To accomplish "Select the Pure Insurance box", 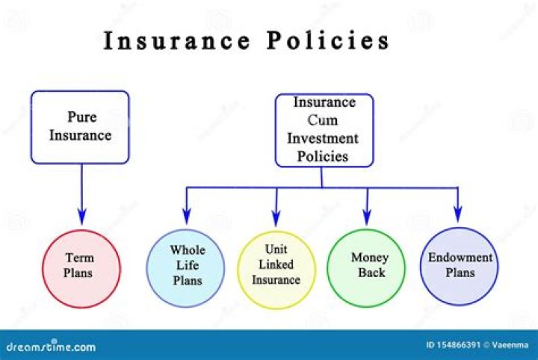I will coord(80,127).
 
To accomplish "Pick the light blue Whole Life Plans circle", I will coord(187,267).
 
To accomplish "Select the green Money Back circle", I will coord(368,267).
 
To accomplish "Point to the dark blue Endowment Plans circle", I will coord(459,266).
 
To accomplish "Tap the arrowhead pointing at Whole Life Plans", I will coord(187,217).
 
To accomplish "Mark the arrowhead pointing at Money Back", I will coord(368,217).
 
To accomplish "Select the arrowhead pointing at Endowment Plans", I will coord(459,217).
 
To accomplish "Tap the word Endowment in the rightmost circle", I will coord(460,258).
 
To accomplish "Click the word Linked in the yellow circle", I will coord(276,264).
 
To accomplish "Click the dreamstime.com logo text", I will coord(50,347).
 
